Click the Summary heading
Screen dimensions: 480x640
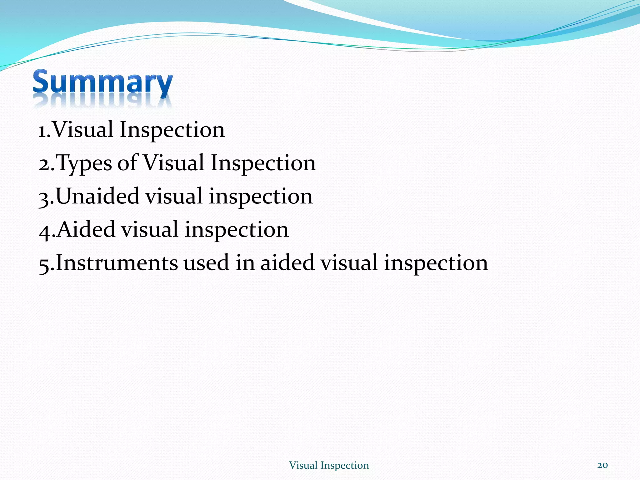click(x=102, y=82)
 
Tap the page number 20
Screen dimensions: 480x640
click(x=602, y=465)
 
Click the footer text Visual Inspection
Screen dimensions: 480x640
click(x=329, y=465)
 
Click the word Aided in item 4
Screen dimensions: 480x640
click(x=86, y=229)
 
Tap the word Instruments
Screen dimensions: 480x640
click(x=117, y=263)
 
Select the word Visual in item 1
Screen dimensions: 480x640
click(x=83, y=130)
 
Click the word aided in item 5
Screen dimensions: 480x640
click(x=287, y=263)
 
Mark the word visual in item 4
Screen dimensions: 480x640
click(x=150, y=229)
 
